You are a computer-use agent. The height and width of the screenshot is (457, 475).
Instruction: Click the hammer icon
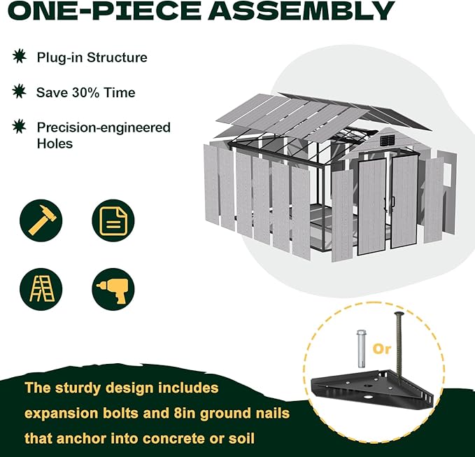click(x=41, y=220)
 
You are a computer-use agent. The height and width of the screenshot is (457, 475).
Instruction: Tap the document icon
click(x=113, y=220)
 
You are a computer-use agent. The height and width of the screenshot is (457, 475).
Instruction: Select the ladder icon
click(x=41, y=289)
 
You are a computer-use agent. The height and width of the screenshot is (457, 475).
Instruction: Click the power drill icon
click(x=113, y=289)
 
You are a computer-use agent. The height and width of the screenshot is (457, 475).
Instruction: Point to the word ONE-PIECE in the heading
click(x=104, y=10)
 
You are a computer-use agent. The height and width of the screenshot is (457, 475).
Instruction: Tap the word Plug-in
click(x=59, y=57)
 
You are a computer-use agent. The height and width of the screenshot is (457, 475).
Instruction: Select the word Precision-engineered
click(x=104, y=128)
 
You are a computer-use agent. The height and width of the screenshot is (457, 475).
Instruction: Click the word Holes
click(x=55, y=143)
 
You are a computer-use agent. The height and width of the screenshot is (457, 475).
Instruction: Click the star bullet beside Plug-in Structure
click(x=20, y=56)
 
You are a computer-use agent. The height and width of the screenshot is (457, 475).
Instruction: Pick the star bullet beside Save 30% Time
click(x=19, y=91)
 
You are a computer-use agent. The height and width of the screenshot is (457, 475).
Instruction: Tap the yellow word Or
click(x=382, y=349)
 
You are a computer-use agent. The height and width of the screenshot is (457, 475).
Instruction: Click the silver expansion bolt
click(x=360, y=349)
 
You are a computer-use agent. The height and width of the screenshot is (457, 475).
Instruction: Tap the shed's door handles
click(x=389, y=203)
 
